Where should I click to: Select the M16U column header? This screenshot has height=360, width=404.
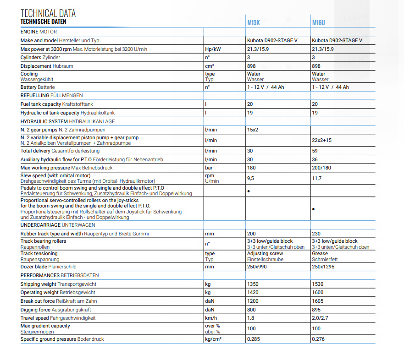pyautogui.click(x=319, y=23)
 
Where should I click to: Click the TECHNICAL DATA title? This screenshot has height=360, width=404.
pyautogui.click(x=48, y=13)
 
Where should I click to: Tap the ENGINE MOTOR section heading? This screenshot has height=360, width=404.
pyautogui.click(x=39, y=32)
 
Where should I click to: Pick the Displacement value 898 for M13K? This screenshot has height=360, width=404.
pyautogui.click(x=252, y=66)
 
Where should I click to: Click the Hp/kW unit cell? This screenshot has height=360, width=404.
pyautogui.click(x=211, y=49)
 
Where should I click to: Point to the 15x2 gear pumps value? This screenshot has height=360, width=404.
pyautogui.click(x=253, y=130)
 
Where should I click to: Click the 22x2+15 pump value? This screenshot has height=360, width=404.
pyautogui.click(x=321, y=140)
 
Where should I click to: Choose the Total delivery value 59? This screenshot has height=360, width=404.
pyautogui.click(x=315, y=151)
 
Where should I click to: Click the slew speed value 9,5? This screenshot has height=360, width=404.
pyautogui.click(x=251, y=178)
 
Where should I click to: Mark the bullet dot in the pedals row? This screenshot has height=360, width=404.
pyautogui.click(x=249, y=191)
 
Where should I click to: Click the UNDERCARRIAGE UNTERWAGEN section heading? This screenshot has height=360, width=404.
pyautogui.click(x=58, y=225)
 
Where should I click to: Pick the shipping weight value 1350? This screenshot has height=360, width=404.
pyautogui.click(x=253, y=284)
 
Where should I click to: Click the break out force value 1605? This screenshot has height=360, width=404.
pyautogui.click(x=317, y=301)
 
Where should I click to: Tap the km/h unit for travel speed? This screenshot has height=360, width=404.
pyautogui.click(x=211, y=318)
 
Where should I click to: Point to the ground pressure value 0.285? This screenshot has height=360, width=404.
pyautogui.click(x=254, y=339)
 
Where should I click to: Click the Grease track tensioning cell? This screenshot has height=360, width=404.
pyautogui.click(x=320, y=253)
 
